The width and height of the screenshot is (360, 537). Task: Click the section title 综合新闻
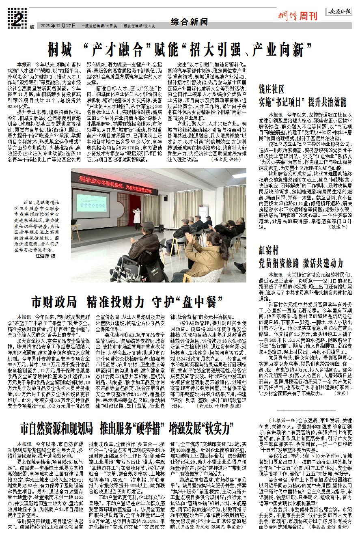click(x=187, y=21)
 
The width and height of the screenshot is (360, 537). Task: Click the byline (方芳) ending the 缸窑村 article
click(x=340, y=393)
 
